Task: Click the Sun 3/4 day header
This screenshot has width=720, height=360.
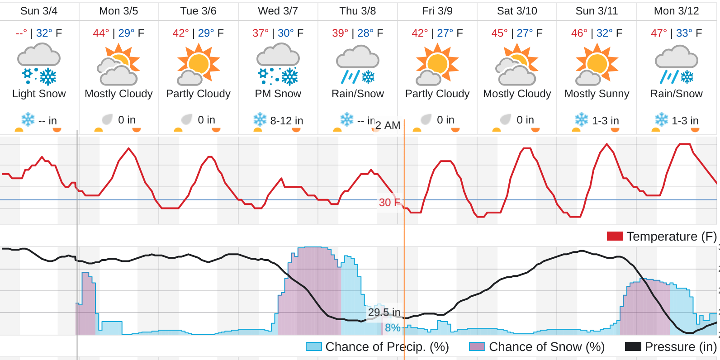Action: (39, 11)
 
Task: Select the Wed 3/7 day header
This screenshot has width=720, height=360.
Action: (278, 11)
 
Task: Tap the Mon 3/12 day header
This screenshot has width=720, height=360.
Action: (676, 11)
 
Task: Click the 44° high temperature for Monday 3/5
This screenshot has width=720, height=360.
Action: (101, 33)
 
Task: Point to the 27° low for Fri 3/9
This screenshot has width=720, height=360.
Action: (445, 33)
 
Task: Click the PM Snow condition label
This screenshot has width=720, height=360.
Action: (278, 94)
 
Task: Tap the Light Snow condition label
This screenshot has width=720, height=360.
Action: (39, 94)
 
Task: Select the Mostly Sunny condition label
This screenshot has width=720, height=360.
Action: (597, 94)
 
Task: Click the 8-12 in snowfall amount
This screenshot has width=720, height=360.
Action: (286, 121)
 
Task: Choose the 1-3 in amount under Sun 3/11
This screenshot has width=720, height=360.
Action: (605, 121)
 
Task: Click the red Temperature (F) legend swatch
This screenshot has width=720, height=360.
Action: (615, 236)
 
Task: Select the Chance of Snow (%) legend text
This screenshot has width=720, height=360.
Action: (546, 346)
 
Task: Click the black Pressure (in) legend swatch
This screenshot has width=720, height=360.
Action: (633, 346)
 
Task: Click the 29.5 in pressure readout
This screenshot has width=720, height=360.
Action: (384, 312)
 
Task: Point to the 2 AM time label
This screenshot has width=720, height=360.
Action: (388, 125)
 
